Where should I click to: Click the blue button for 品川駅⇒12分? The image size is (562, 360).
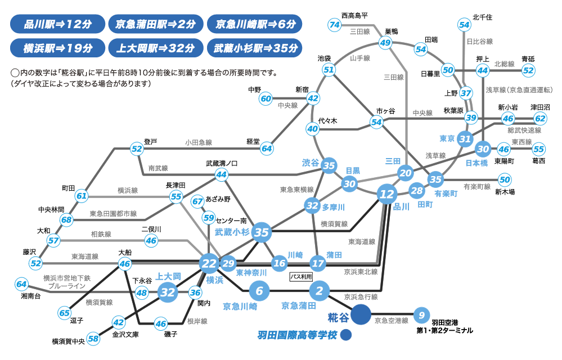[58, 24]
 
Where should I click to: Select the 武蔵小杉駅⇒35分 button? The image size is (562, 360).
[255, 48]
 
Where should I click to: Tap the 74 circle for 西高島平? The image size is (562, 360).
[335, 25]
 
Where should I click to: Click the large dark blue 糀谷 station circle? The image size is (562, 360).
[361, 314]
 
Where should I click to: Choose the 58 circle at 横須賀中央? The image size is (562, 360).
[93, 339]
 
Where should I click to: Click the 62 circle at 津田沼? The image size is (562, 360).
[540, 119]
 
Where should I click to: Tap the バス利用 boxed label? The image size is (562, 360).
[300, 277]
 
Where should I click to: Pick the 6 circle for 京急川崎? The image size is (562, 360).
[259, 291]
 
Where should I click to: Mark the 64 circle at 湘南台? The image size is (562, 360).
[21, 284]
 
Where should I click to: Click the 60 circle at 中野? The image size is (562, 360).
[266, 98]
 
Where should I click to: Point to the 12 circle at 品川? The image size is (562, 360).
[387, 195]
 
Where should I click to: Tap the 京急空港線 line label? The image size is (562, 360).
[392, 321]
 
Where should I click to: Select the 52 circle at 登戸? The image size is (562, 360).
[137, 148]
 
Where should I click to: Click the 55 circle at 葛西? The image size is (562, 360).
[538, 149]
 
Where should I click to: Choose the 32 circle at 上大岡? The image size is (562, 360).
[168, 292]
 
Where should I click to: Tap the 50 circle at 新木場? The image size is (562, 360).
[505, 180]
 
